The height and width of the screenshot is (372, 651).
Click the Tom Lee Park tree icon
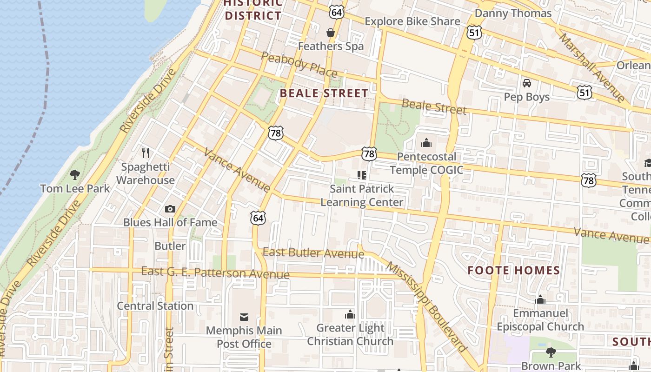(74, 175)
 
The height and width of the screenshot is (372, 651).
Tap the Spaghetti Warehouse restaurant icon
(146, 153)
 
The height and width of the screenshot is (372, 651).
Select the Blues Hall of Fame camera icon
(170, 209)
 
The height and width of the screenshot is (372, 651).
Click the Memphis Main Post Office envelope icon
(244, 317)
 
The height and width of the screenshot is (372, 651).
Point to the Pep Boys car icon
(526, 83)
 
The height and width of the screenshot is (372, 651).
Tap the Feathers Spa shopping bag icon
(331, 33)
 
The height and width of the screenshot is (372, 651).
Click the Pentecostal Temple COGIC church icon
(426, 143)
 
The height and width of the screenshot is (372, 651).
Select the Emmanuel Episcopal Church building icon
(540, 300)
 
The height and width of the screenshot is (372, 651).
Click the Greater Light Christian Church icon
(350, 315)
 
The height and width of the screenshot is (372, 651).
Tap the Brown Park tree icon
(551, 352)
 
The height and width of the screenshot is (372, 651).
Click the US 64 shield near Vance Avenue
(258, 218)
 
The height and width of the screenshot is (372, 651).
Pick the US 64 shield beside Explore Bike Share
(336, 12)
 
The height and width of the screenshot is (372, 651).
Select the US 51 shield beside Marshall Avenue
(585, 92)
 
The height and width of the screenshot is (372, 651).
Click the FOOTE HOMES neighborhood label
(513, 270)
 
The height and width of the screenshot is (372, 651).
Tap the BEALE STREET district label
(324, 93)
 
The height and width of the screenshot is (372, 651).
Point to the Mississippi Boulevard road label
(426, 306)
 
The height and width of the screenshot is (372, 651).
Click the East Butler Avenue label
(313, 253)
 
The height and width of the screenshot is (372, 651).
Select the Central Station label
(155, 306)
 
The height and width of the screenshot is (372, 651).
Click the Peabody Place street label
(299, 65)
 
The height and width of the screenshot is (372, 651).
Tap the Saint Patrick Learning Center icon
(361, 175)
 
